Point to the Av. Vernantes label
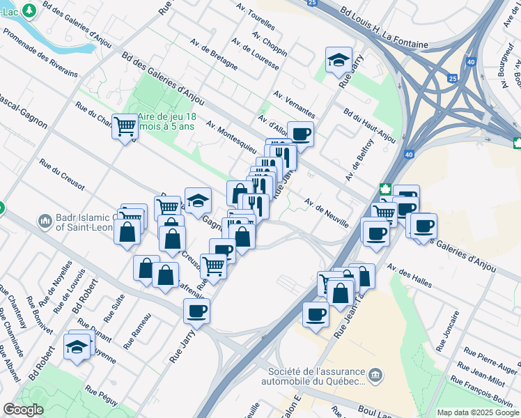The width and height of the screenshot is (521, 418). pyautogui.click(x=295, y=105)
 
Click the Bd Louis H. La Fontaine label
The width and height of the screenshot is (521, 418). pyautogui.click(x=384, y=29)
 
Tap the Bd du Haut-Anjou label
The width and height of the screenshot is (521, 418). pyautogui.click(x=370, y=125)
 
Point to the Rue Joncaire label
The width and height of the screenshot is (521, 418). pyautogui.click(x=447, y=330)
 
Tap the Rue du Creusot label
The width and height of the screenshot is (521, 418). pyautogui.click(x=62, y=176)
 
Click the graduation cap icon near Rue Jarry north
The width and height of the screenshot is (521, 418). pyautogui.click(x=339, y=60)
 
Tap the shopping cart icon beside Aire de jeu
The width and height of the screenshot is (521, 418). pyautogui.click(x=125, y=126)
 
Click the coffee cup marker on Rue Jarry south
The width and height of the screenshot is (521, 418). pyautogui.click(x=197, y=311)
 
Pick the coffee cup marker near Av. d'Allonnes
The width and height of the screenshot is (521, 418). pyautogui.click(x=301, y=132)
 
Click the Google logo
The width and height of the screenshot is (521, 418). pyautogui.click(x=23, y=409)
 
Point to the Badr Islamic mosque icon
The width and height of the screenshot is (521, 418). pyautogui.click(x=45, y=221)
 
